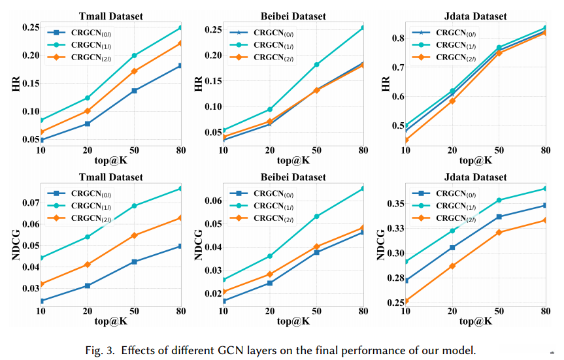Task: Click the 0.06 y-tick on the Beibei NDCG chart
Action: pyautogui.click(x=211, y=201)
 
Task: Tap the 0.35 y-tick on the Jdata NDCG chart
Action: pyautogui.click(x=396, y=204)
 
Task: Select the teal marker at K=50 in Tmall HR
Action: pyautogui.click(x=135, y=56)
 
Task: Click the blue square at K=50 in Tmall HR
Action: pyautogui.click(x=135, y=90)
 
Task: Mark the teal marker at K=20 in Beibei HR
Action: pyautogui.click(x=270, y=109)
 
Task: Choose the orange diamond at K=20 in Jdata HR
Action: pyautogui.click(x=452, y=101)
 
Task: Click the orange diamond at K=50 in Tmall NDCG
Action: pyautogui.click(x=135, y=235)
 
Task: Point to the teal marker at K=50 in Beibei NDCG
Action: pyautogui.click(x=316, y=216)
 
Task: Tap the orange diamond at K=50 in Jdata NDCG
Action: pyautogui.click(x=499, y=232)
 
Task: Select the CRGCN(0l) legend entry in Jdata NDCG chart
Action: pyautogui.click(x=455, y=193)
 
